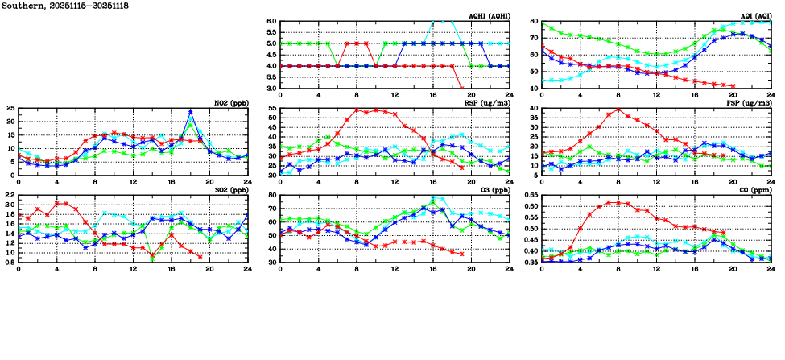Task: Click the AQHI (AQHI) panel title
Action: point(488,16)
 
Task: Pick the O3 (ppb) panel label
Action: point(493,191)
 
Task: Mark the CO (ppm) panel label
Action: point(754,191)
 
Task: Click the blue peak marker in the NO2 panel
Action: point(190,112)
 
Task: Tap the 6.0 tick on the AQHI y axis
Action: point(271,22)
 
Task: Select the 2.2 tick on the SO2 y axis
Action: point(9,196)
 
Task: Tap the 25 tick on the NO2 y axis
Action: point(10,108)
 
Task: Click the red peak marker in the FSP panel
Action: point(618,110)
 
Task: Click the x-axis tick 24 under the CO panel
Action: point(771,269)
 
